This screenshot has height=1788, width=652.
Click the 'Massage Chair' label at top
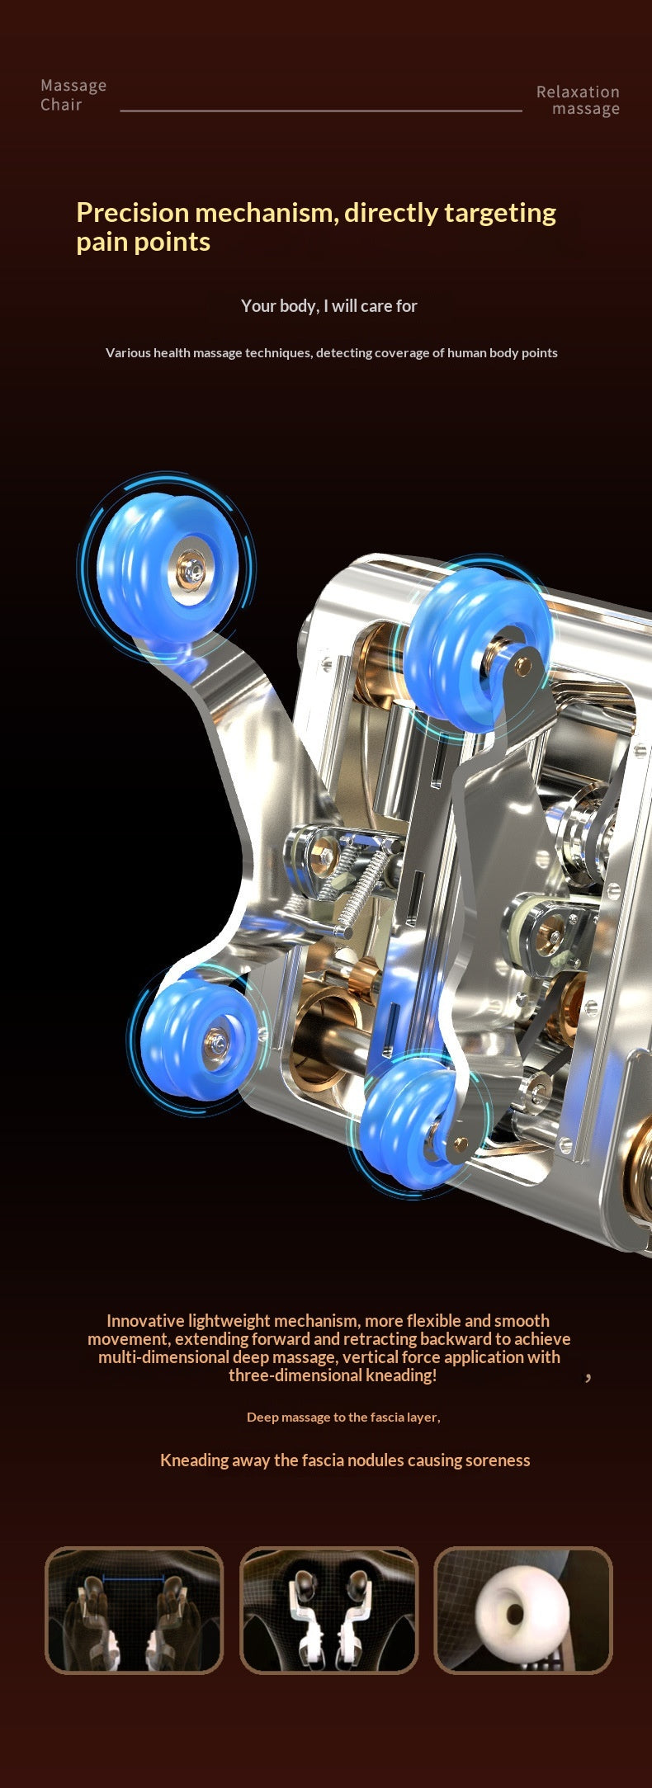(x=73, y=95)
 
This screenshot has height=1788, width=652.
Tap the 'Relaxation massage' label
(x=578, y=100)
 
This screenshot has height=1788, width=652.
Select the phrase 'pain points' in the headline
(x=143, y=243)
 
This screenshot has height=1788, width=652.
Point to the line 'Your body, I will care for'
(x=328, y=306)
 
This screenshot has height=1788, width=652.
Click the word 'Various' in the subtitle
(x=128, y=353)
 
